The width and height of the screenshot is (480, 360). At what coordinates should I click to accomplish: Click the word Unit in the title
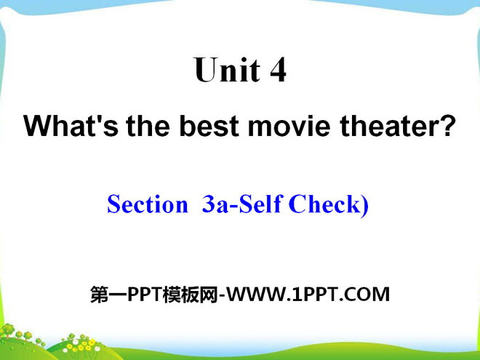click(227, 70)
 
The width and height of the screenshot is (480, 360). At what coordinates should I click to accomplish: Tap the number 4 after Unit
click(278, 70)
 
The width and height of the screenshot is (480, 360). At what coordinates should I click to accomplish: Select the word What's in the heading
click(71, 126)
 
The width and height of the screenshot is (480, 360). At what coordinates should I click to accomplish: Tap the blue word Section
click(148, 204)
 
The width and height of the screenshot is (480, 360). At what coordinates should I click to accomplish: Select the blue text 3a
click(215, 204)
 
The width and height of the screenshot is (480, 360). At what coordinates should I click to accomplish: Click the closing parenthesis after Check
click(364, 206)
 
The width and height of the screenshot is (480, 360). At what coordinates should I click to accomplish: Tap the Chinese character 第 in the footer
click(99, 295)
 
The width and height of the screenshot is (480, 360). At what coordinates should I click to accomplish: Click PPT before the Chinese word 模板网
click(144, 295)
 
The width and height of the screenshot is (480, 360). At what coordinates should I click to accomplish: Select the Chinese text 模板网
click(190, 295)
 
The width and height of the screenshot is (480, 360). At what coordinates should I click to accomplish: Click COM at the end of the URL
click(369, 295)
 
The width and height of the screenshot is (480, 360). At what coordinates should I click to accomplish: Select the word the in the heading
click(148, 126)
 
